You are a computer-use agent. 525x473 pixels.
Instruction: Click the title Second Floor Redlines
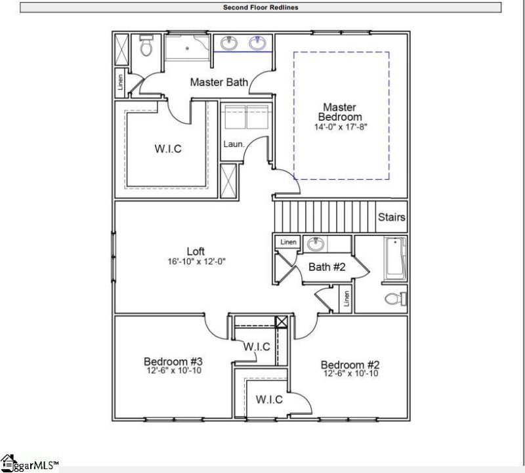(262, 8)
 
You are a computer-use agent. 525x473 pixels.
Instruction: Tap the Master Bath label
(219, 83)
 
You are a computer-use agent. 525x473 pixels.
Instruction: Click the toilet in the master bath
(146, 48)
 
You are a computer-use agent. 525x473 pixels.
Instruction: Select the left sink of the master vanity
(229, 44)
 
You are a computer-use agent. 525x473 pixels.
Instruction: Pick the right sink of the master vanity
(257, 44)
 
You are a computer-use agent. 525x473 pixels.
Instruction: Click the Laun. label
(234, 143)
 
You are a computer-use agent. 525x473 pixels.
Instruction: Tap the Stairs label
(391, 217)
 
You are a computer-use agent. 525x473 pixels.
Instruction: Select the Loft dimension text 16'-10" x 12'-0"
(196, 261)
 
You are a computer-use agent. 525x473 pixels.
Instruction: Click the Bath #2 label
(327, 267)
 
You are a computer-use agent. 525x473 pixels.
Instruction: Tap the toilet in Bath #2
(392, 298)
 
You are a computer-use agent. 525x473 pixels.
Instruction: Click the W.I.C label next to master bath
(168, 149)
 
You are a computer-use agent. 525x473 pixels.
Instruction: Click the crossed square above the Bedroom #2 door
(282, 322)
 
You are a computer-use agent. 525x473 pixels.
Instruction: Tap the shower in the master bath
(187, 47)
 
